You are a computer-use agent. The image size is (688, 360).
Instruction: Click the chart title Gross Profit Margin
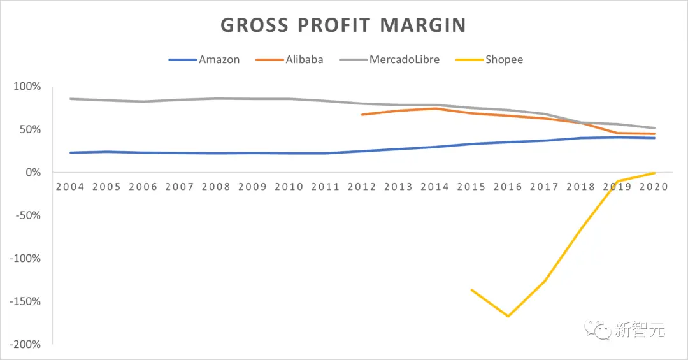343,25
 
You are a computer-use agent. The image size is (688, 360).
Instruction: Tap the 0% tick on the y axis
33,173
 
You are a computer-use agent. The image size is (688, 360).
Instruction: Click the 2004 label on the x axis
69,187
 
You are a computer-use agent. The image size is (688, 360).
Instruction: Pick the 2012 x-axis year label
362,187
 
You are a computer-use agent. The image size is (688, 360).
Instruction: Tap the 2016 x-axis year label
508,187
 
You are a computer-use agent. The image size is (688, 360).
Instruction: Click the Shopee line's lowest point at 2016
508,316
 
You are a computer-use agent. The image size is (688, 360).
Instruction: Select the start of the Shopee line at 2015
471,290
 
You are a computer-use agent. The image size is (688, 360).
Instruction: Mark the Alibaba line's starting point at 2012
362,115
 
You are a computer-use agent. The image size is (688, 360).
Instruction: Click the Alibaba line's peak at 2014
435,108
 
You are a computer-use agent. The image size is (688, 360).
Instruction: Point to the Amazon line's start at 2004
70,153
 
